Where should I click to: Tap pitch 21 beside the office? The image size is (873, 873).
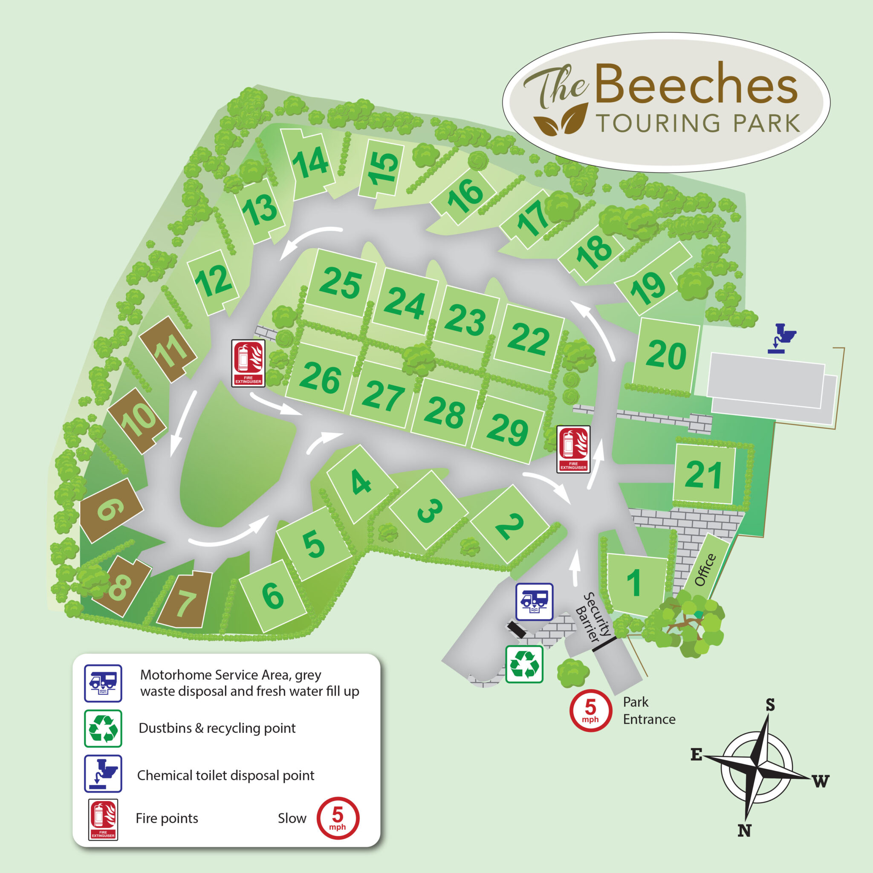click(703, 475)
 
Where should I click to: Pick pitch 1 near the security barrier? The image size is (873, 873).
click(635, 582)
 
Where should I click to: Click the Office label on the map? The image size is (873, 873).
click(705, 570)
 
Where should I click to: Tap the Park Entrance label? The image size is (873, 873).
click(649, 710)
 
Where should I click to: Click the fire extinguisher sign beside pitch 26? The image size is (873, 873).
click(248, 363)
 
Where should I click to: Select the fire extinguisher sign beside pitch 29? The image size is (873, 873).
click(573, 449)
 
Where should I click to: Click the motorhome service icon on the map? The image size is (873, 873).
click(535, 601)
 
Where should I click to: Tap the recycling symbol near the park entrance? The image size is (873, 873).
click(524, 664)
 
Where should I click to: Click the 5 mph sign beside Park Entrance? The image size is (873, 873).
click(590, 710)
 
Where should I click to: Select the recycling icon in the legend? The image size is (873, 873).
click(103, 728)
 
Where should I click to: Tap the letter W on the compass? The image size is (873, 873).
click(821, 781)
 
